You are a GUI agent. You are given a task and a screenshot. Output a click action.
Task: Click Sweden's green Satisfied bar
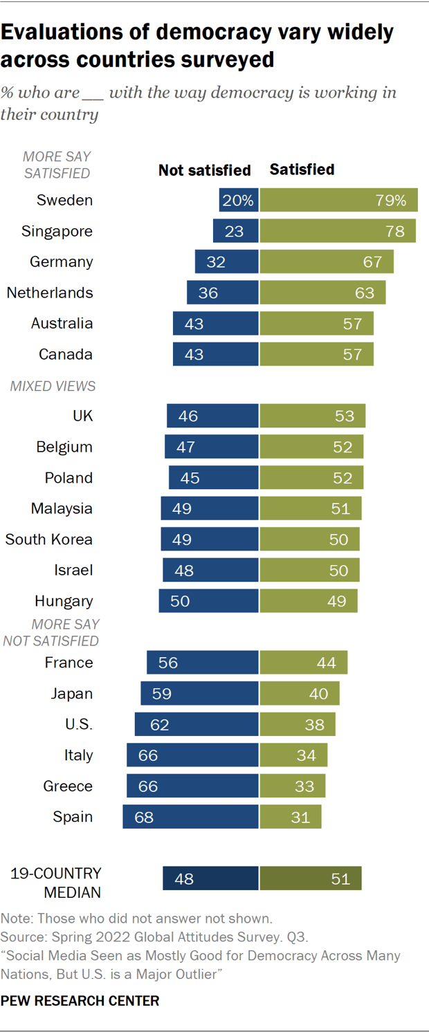(x=338, y=200)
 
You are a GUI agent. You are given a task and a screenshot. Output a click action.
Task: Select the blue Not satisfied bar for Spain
(x=190, y=817)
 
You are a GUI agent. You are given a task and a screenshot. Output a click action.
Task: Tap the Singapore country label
(x=57, y=231)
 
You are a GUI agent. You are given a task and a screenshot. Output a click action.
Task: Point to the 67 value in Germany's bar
(x=373, y=262)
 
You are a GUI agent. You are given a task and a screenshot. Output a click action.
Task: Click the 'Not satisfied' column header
(x=204, y=170)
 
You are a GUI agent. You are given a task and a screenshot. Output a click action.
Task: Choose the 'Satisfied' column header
(x=302, y=169)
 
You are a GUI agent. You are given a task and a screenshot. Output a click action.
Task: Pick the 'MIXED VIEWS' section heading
(x=53, y=386)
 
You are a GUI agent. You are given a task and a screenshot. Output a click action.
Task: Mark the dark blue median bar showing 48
(x=210, y=878)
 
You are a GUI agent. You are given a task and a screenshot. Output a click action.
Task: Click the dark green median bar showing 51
(x=311, y=878)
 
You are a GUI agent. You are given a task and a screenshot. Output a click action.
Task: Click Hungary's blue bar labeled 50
(x=208, y=601)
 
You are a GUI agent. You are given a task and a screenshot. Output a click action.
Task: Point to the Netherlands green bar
(x=322, y=293)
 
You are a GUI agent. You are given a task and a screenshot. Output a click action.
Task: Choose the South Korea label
(x=49, y=540)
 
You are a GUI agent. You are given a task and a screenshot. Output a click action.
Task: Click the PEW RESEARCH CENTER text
(x=80, y=1000)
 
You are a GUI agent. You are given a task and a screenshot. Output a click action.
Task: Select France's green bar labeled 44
(x=303, y=663)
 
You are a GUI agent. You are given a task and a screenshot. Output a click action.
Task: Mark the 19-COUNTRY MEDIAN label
(x=56, y=883)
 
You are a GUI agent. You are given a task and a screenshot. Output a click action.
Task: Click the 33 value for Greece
(x=304, y=786)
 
